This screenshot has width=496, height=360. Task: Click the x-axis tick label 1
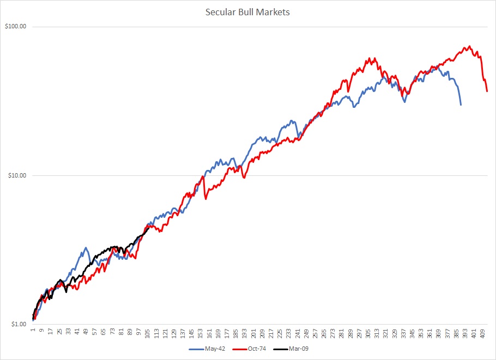tap(33, 330)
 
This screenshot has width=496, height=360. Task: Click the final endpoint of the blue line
tap(461, 105)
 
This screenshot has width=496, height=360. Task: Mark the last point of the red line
tap(487, 91)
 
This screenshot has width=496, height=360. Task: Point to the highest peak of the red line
tap(469, 46)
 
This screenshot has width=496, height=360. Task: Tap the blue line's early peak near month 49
tap(86, 247)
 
